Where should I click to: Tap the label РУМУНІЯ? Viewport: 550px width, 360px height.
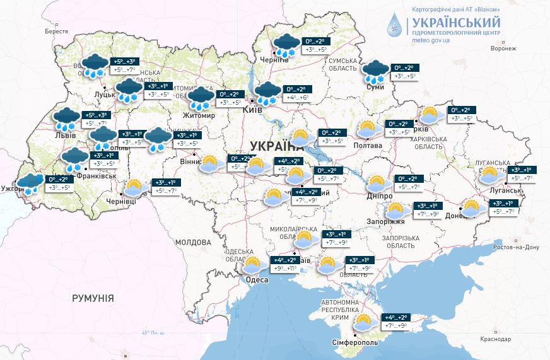(x=93, y=297)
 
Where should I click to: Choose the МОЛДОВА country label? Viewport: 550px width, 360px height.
(x=193, y=242)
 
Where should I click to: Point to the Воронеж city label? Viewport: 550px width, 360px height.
(x=503, y=48)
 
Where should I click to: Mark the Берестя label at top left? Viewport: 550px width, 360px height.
(x=56, y=30)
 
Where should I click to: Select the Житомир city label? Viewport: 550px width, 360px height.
(x=198, y=116)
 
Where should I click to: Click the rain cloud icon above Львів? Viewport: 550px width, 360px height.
(x=66, y=119)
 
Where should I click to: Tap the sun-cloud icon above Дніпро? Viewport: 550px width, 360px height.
(x=377, y=183)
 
